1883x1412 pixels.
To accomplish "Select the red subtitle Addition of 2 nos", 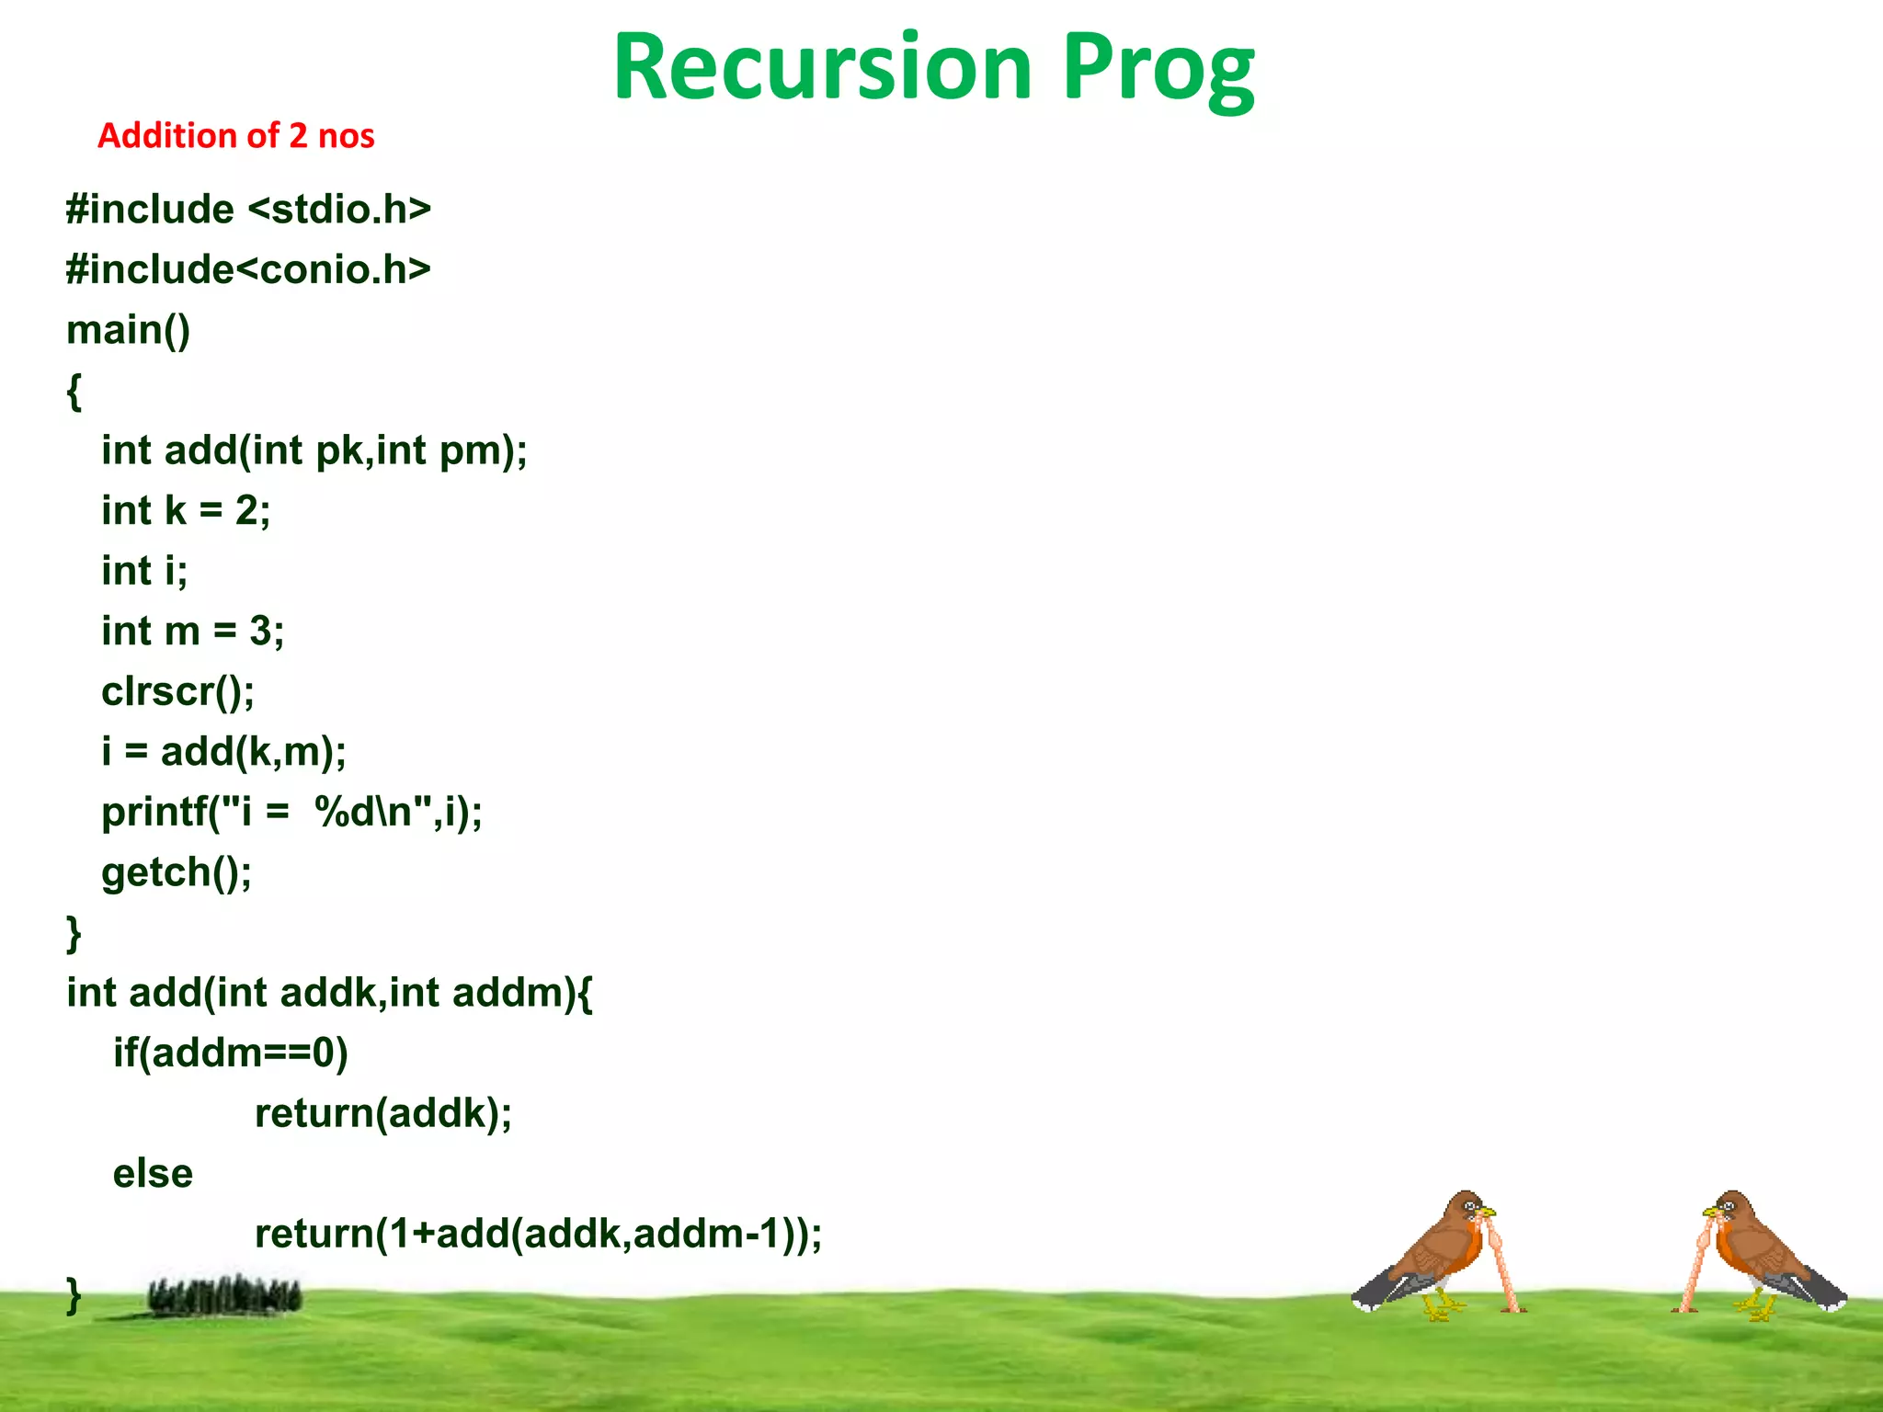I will (x=235, y=136).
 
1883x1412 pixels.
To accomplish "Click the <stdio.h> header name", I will (x=339, y=210).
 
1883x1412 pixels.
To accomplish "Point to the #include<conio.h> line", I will (x=248, y=269).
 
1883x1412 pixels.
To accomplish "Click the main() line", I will (x=128, y=330).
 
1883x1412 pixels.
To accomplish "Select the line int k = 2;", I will (x=186, y=510).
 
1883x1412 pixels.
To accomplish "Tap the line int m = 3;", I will (x=192, y=631).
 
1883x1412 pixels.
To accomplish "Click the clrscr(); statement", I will (x=177, y=691).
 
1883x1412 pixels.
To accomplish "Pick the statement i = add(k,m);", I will (x=223, y=752).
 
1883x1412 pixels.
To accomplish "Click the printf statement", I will (x=291, y=812).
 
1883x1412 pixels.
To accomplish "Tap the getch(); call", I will (x=176, y=872).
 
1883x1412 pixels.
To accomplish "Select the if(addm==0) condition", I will (x=230, y=1053).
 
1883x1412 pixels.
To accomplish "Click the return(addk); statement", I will (x=382, y=1113).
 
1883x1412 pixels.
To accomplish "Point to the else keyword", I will (x=153, y=1174).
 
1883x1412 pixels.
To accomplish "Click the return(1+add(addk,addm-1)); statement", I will (x=538, y=1234).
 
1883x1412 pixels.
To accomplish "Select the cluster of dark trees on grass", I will (x=224, y=1295).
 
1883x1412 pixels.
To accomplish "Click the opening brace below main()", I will (x=74, y=391).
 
